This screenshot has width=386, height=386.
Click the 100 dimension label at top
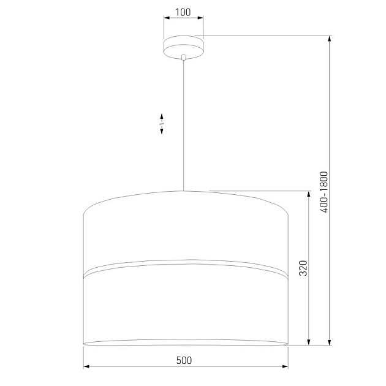click(x=183, y=12)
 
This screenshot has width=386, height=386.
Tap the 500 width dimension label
click(x=184, y=360)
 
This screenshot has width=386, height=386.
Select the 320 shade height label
click(x=301, y=268)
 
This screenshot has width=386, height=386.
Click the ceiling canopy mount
click(x=183, y=47)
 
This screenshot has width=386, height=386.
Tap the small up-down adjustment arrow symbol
click(x=162, y=124)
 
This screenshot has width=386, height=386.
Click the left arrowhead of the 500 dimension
click(x=86, y=366)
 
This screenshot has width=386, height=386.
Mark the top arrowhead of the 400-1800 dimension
click(x=330, y=39)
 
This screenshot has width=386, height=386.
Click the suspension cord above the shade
click(x=183, y=123)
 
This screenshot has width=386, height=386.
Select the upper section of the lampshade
click(x=184, y=230)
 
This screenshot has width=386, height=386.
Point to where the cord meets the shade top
click(x=183, y=191)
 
